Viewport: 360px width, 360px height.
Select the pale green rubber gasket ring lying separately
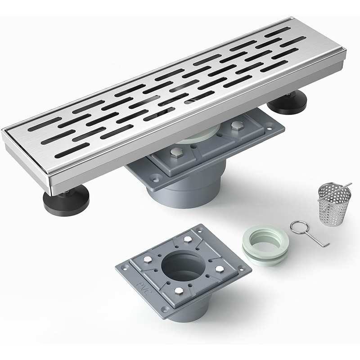(x=265, y=245)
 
